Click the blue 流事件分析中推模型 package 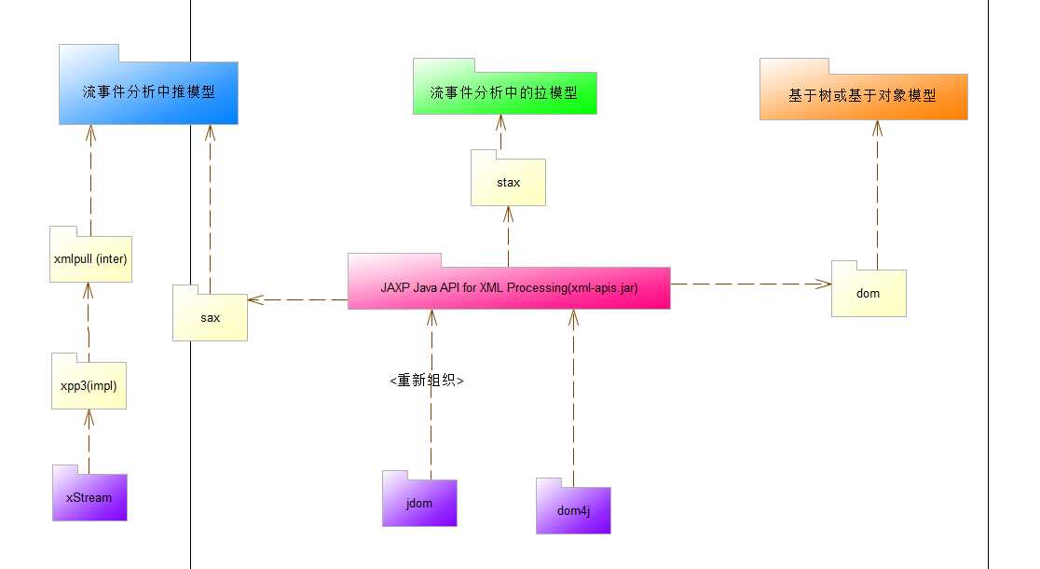148,92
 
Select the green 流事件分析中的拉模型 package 503,93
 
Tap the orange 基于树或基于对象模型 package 863,95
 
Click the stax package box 508,182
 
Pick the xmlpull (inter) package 91,258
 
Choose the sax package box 210,317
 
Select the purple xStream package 89,497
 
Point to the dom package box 868,293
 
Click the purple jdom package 419,503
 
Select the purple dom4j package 573,510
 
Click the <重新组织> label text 427,381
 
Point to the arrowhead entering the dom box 824,282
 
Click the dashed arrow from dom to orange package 877,196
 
